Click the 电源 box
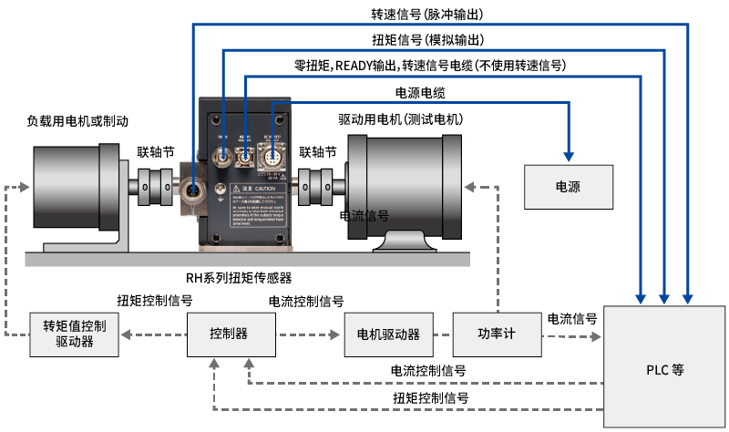point(568,186)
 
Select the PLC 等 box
point(664,370)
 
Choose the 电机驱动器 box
point(389,334)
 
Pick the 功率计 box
point(497,334)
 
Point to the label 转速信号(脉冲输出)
point(426,15)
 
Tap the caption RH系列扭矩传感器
point(240,277)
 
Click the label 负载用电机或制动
point(77,120)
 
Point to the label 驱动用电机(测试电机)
point(401,119)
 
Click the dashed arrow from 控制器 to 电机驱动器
point(310,334)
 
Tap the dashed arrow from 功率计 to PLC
point(571,334)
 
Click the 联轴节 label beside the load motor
point(155,151)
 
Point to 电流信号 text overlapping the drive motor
point(364,216)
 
